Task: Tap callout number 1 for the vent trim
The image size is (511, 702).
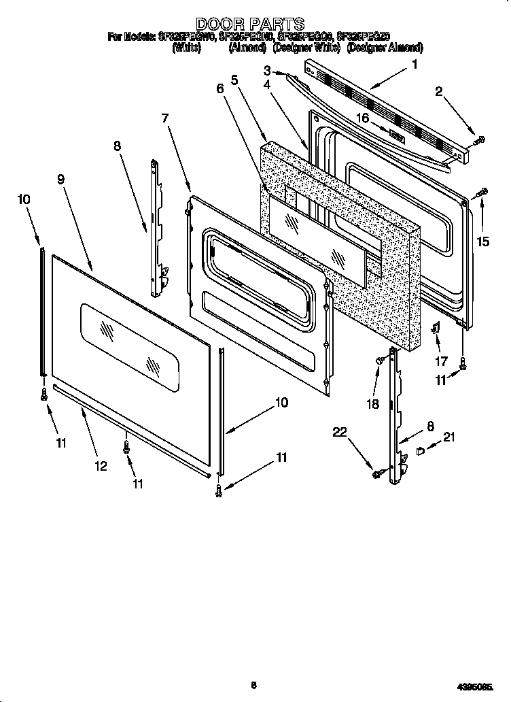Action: tap(415, 65)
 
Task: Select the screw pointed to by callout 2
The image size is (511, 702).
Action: tap(479, 140)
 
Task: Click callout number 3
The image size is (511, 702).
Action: tap(268, 71)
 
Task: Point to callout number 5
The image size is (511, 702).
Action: tap(234, 80)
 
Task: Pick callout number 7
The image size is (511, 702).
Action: tap(165, 118)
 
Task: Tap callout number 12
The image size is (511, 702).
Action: tap(101, 466)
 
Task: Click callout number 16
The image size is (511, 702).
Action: tap(364, 118)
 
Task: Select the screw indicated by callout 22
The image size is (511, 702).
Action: tap(376, 473)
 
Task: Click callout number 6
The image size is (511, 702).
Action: tap(219, 88)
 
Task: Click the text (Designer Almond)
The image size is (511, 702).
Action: tap(385, 48)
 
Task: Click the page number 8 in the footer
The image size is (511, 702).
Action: tap(253, 686)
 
